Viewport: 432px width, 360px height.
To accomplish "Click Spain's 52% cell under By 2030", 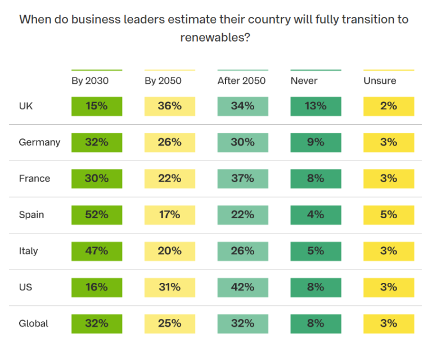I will point(96,215).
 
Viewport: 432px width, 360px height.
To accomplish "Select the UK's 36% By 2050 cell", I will point(169,106).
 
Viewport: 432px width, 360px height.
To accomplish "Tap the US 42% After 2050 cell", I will point(242,287).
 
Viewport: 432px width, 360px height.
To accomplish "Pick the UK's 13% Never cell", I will point(316,106).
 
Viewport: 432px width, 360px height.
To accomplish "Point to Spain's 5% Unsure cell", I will point(389,215).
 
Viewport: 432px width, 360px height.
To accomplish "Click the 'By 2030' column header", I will point(90,81).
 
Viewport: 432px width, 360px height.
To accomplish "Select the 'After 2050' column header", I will point(241,81).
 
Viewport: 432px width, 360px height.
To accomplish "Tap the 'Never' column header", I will point(304,81).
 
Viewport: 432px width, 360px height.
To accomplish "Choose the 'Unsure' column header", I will point(380,81).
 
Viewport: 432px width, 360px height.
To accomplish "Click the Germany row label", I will point(39,142).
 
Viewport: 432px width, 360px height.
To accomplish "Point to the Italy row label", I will point(28,251).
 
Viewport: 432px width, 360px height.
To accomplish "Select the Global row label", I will point(34,323).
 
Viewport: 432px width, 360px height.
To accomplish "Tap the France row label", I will point(34,179).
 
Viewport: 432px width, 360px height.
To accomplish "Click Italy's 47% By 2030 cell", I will point(96,251).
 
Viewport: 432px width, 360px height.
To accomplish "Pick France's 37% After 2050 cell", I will point(242,179).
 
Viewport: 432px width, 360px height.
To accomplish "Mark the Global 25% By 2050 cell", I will point(169,323).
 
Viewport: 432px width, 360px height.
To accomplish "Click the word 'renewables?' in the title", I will point(215,38).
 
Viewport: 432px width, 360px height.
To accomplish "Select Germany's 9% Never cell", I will point(316,142).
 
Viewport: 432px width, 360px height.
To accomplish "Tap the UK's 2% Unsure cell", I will point(389,106).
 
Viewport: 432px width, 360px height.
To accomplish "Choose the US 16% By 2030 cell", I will point(96,287).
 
